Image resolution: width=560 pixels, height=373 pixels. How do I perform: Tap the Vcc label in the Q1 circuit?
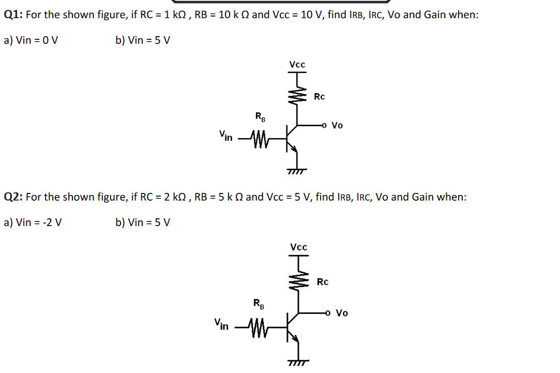click(x=297, y=65)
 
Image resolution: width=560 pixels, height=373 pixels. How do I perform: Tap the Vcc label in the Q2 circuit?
click(x=298, y=247)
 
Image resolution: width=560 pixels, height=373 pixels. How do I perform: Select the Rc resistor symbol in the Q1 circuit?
click(x=298, y=96)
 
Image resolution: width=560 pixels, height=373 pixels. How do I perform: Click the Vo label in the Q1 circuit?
click(x=337, y=125)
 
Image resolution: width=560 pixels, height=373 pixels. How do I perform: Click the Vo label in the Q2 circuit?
click(x=342, y=312)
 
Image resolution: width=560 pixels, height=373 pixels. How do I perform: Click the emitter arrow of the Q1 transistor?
click(x=295, y=150)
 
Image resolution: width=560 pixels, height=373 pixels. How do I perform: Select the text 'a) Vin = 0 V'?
click(x=31, y=40)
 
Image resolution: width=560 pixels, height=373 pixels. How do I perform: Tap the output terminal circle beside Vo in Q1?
click(x=324, y=125)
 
